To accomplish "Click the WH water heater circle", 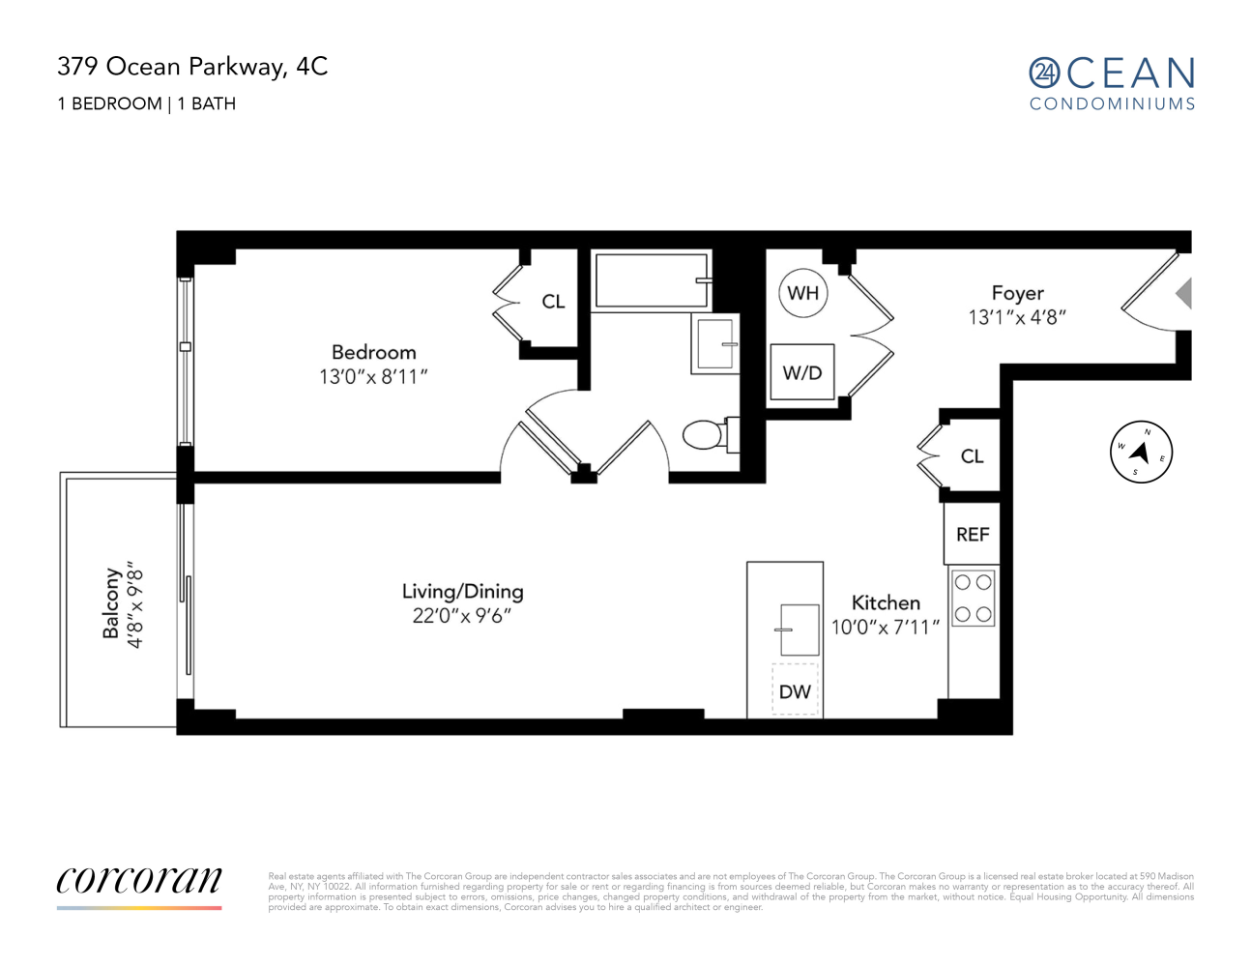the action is (802, 293).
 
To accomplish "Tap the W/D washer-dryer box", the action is (802, 372).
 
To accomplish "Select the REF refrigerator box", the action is (972, 534).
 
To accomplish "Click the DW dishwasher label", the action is (795, 691).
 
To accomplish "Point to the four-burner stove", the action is (973, 598).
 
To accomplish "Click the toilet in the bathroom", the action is (711, 434).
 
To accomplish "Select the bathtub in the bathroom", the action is (651, 280).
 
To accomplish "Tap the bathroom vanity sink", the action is (715, 344).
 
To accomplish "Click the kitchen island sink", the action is (800, 630).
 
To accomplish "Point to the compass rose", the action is (1141, 452).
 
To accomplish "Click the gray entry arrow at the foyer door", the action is (1183, 294).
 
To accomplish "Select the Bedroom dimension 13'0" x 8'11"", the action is (373, 377).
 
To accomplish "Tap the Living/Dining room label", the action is (462, 592).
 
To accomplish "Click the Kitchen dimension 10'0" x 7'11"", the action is (885, 627).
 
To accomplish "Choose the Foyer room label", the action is (1017, 293).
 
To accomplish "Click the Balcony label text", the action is (110, 603).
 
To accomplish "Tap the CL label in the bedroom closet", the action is (553, 301).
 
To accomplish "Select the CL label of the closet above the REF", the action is (972, 456).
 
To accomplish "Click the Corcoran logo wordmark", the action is (139, 881).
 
